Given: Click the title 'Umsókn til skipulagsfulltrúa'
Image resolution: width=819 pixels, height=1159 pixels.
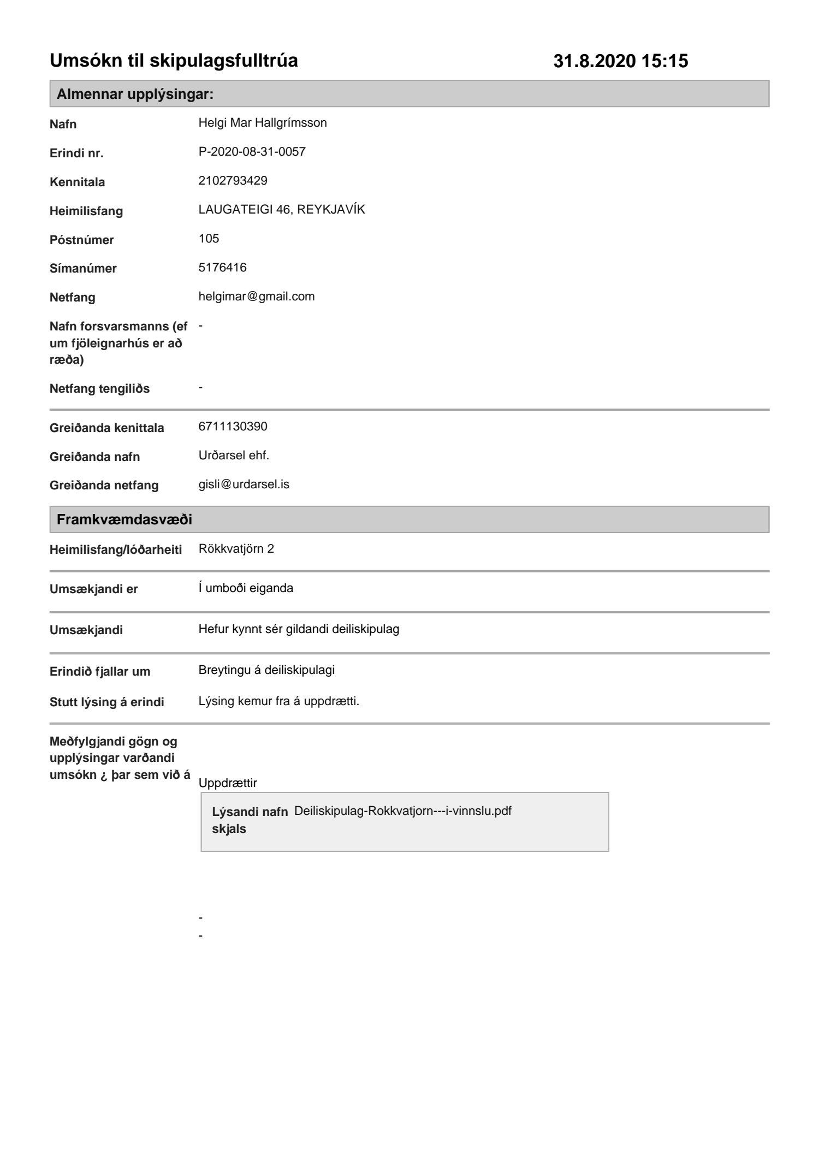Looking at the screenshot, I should tap(174, 61).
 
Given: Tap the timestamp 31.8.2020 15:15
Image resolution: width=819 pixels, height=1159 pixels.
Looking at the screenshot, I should tap(620, 61).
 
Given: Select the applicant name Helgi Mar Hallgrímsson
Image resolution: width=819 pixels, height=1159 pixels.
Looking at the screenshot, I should tap(263, 123).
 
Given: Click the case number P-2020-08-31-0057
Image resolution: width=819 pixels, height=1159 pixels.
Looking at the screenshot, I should tap(252, 152).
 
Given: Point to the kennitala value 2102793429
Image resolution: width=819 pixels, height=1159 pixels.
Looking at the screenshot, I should tap(233, 181).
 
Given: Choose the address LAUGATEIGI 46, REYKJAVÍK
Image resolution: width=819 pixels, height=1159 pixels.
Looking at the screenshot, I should tap(281, 210).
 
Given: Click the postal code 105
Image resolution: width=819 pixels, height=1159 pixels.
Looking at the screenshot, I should tap(209, 239).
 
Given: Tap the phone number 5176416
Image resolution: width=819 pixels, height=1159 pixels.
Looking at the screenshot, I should tap(222, 268).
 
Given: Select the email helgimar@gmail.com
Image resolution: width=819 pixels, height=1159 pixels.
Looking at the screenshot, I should tap(256, 297).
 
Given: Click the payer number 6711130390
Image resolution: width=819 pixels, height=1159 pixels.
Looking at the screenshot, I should tap(233, 427).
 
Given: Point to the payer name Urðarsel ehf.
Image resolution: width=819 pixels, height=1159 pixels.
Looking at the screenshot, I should tap(234, 456).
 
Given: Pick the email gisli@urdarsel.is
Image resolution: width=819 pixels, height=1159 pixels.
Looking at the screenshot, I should tap(244, 484).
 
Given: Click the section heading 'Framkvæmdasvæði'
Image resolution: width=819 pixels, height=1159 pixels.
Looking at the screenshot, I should tap(124, 519).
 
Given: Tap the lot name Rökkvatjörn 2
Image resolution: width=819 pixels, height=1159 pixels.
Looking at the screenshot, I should tap(236, 549).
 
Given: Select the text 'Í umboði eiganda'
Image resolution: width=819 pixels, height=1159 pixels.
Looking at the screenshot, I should tap(246, 589).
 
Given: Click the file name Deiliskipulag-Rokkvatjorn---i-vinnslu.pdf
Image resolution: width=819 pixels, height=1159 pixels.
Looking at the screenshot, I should tap(402, 811).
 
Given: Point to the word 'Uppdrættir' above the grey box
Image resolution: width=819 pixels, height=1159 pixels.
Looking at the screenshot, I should tap(228, 783).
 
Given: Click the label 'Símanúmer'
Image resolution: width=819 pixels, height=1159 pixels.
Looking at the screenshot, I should tap(83, 269).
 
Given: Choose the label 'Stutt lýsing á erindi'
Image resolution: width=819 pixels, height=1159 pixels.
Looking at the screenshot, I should tap(106, 702).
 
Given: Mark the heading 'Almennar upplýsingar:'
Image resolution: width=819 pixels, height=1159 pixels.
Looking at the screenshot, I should tap(135, 94).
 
